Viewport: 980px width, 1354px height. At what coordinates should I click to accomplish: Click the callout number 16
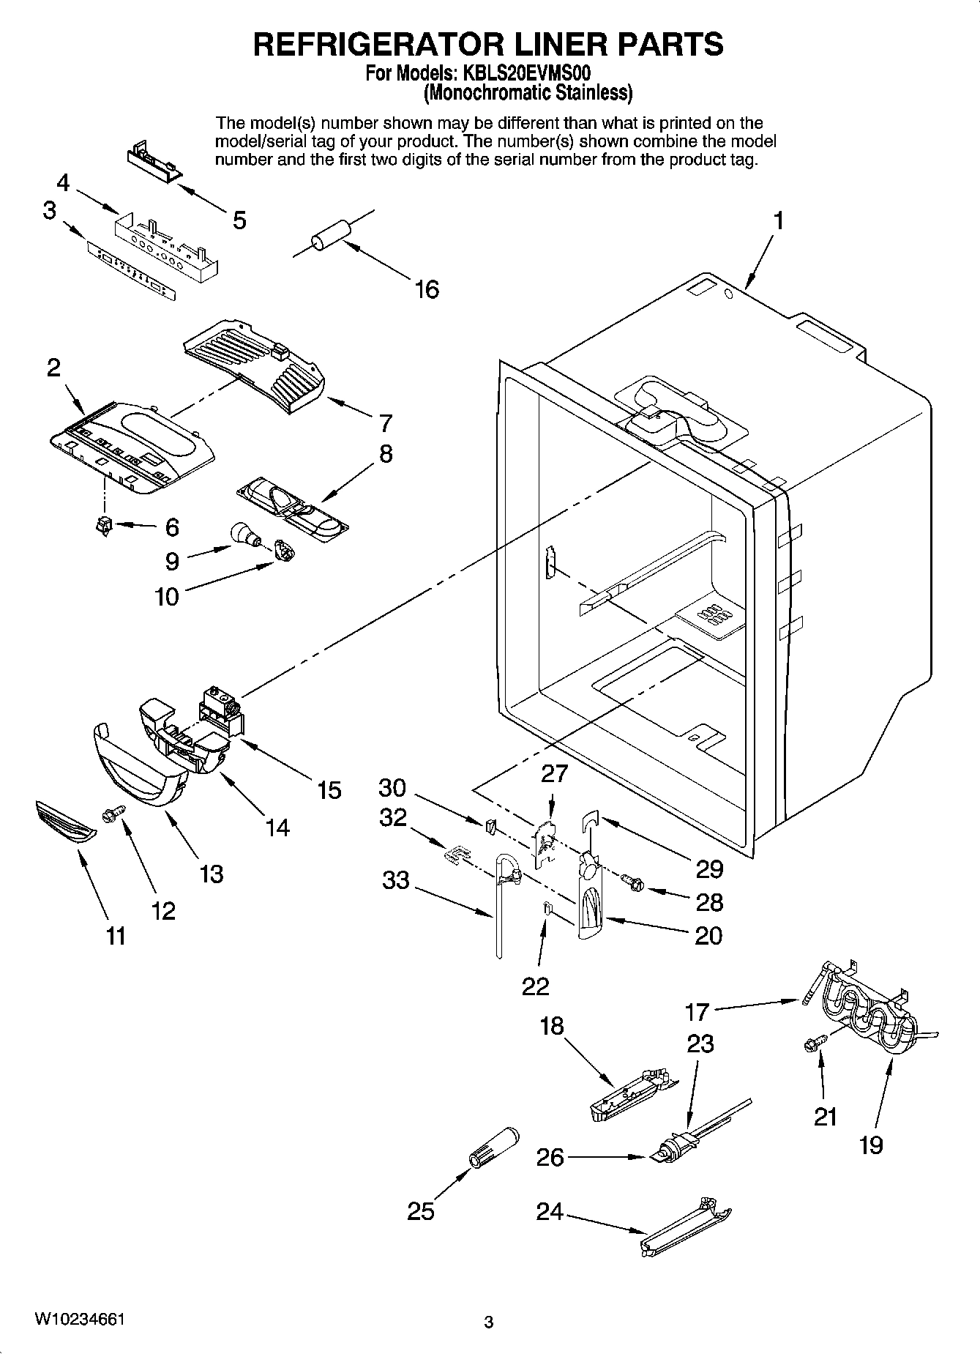427,289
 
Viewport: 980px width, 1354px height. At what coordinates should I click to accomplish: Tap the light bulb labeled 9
244,535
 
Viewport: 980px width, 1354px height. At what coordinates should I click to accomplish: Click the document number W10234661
79,1320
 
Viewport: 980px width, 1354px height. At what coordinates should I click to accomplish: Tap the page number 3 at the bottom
489,1323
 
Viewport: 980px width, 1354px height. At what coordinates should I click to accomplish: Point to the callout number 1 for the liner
779,220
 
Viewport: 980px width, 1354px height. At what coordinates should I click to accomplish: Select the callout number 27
554,774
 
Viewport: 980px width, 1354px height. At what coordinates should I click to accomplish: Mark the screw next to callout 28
630,882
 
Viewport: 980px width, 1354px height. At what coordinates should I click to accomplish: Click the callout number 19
871,1144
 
